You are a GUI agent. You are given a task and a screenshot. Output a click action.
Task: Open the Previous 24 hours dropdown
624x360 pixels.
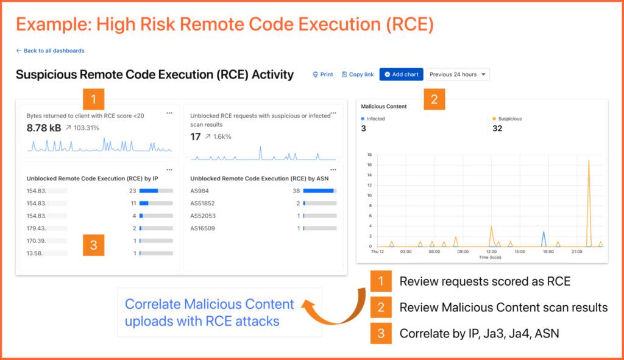click(457, 74)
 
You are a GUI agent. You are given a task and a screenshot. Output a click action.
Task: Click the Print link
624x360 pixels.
click(323, 74)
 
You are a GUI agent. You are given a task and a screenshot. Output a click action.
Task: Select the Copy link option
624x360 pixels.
click(358, 74)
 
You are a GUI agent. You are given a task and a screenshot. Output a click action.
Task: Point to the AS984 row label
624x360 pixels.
click(200, 191)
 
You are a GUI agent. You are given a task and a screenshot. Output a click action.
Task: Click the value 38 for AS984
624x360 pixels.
click(296, 191)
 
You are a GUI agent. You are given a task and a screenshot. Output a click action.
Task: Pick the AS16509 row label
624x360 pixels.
click(203, 228)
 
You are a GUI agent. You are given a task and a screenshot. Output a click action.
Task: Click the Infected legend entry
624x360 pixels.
click(375, 119)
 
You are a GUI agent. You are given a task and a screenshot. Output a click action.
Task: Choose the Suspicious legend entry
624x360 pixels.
click(509, 119)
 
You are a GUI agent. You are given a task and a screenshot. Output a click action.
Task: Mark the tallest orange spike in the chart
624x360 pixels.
click(589, 161)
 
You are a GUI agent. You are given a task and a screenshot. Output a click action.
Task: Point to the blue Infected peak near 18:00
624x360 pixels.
click(544, 233)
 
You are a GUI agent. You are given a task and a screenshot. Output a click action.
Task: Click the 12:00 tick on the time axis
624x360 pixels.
click(491, 251)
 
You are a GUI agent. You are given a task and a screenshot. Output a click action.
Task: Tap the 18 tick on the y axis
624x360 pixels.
click(369, 155)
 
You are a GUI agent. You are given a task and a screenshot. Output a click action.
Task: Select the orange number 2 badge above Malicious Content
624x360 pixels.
click(434, 99)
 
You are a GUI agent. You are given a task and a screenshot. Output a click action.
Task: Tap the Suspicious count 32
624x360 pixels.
click(497, 129)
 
